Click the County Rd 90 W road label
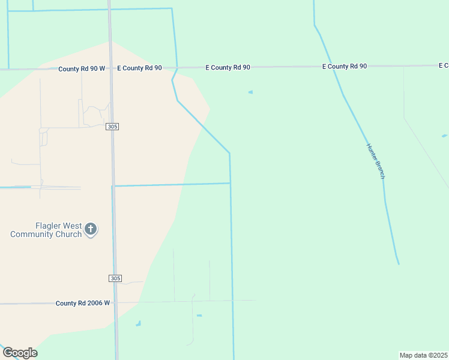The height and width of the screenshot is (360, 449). coord(82,69)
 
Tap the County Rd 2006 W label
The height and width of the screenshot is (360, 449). coord(83,303)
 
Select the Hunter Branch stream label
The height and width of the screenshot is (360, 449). coord(375,161)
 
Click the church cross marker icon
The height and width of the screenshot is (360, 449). coord(91,229)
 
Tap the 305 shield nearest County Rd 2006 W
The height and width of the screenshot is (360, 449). coord(116,278)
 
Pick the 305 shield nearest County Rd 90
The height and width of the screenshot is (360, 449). coord(112,127)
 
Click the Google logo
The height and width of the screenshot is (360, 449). coord(20,353)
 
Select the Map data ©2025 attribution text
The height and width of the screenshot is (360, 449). coord(423,355)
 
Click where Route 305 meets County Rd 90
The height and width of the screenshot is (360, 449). coord(110,68)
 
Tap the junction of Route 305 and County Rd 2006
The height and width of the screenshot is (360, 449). coord(115,302)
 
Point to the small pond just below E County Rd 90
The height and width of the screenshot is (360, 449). coord(250,92)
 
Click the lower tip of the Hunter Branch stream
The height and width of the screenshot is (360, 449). coord(398,263)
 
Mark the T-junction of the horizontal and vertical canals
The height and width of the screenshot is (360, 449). coord(231,183)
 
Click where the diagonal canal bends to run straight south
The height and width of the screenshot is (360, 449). coord(229,153)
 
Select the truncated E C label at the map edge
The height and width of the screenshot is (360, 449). coord(444,65)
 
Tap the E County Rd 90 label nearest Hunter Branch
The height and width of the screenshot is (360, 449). coord(345,66)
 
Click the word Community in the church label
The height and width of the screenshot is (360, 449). coord(31,234)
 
